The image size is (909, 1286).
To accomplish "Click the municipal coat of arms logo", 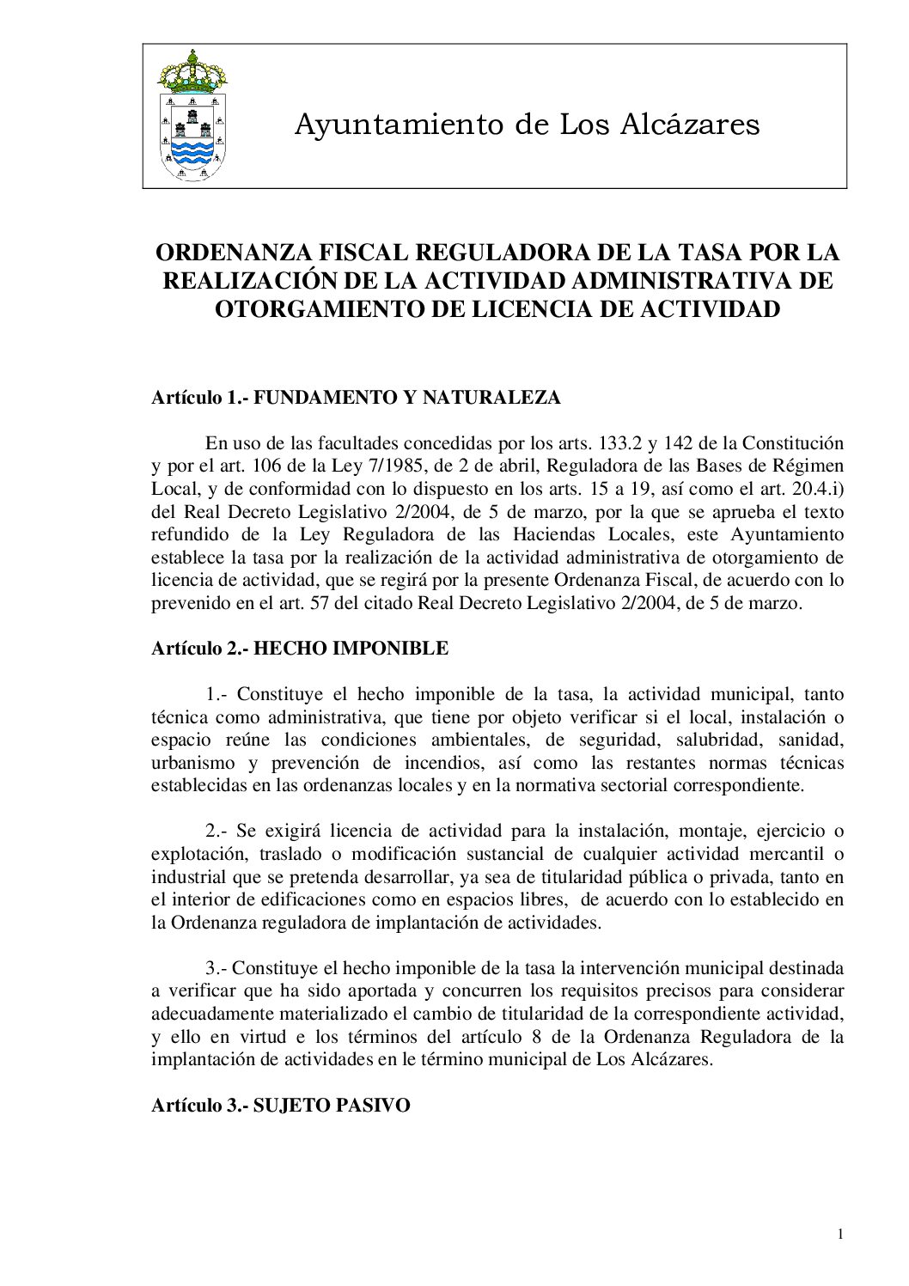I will [192, 117].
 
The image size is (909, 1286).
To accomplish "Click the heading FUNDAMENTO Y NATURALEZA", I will [407, 398].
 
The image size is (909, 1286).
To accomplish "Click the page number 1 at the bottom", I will [839, 1235].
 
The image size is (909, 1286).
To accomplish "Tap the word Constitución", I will [793, 444].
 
